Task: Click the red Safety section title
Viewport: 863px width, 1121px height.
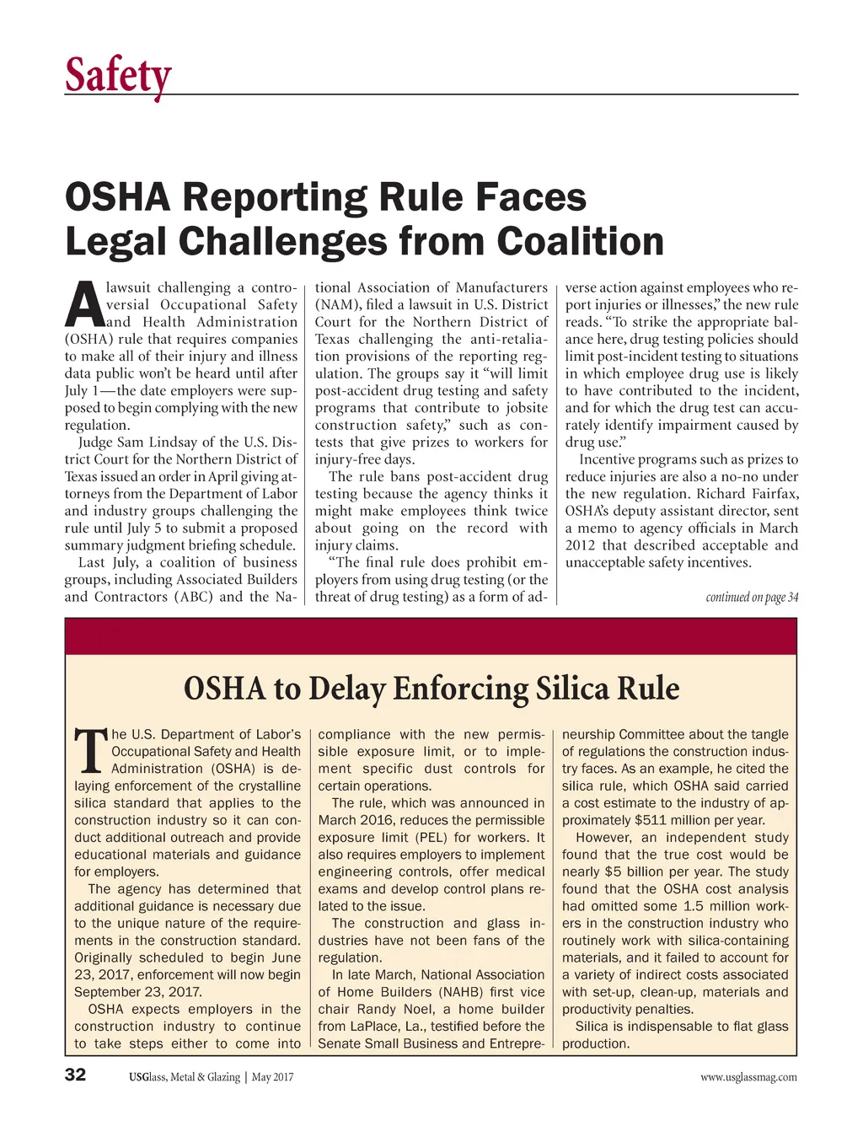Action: pos(118,76)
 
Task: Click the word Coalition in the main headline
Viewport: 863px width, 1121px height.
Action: pos(580,241)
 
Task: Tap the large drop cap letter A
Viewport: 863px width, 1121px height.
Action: pos(83,306)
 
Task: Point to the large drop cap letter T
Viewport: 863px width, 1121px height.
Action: pos(91,753)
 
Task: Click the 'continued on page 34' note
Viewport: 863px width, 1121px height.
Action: pos(751,598)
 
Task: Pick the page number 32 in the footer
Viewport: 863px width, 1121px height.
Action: pos(76,1075)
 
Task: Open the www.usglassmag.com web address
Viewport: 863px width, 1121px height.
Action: pos(748,1076)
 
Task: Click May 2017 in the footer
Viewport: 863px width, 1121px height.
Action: pos(272,1076)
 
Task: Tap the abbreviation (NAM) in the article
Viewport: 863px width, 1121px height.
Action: pos(335,305)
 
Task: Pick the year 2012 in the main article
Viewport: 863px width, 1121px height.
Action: pos(581,545)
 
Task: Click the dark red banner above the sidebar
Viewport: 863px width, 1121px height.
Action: pos(431,636)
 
